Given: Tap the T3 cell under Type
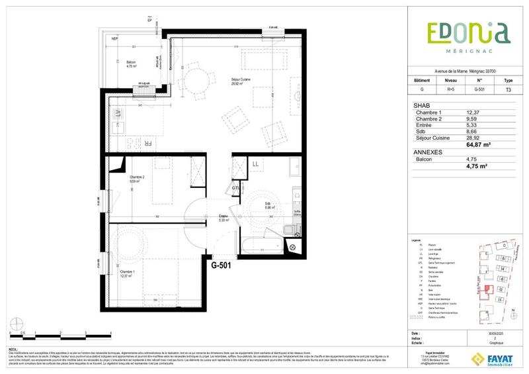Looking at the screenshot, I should coord(508,89).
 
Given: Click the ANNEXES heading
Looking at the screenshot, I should coord(428,152).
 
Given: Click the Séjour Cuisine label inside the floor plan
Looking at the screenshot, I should coord(241,81).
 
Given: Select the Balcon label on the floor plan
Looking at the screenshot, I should coord(130,63).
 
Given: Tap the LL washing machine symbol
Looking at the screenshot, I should coord(255,163).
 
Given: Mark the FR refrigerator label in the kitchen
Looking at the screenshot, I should coord(149,143).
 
